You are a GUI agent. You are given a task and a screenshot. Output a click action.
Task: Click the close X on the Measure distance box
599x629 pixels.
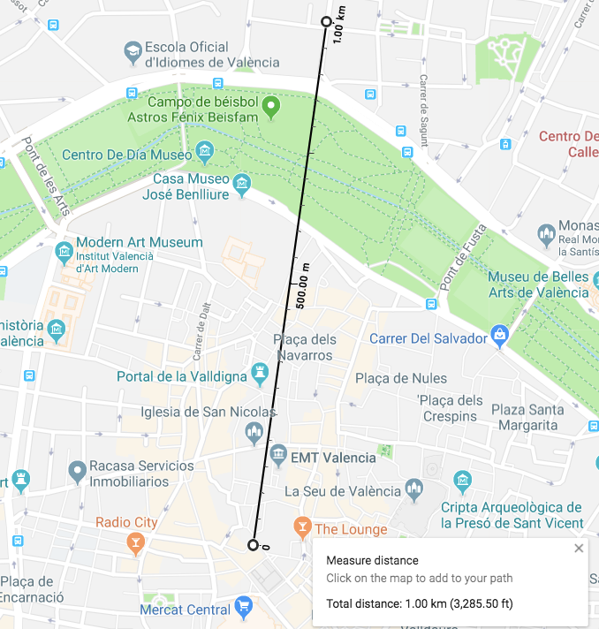[x=579, y=549]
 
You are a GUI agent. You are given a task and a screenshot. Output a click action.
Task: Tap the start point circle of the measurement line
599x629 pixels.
[x=254, y=545]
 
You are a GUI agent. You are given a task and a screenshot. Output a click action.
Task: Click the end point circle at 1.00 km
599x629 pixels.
[x=326, y=22]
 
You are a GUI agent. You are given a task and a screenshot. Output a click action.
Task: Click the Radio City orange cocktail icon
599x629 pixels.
[x=135, y=541]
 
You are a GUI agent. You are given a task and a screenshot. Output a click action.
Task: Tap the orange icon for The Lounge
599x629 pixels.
[x=302, y=528]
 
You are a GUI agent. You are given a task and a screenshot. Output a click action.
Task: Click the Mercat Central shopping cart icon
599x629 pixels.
[x=245, y=607]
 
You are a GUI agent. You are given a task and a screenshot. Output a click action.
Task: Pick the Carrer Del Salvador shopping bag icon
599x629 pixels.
[x=501, y=337]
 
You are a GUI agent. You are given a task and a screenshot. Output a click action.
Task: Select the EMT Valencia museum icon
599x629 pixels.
[x=278, y=456]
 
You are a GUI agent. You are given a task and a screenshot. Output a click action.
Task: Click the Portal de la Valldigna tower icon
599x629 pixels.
[x=260, y=375]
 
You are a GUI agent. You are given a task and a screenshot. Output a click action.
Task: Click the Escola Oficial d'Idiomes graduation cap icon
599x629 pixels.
[x=133, y=52]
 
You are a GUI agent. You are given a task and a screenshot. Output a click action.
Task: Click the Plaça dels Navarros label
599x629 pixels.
[x=304, y=347]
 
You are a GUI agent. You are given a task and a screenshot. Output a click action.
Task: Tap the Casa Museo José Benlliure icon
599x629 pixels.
[x=241, y=185]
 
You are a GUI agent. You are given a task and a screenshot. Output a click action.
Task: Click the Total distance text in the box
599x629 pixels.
[x=419, y=604]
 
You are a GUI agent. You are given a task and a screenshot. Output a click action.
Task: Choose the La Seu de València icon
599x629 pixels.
[x=413, y=489]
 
